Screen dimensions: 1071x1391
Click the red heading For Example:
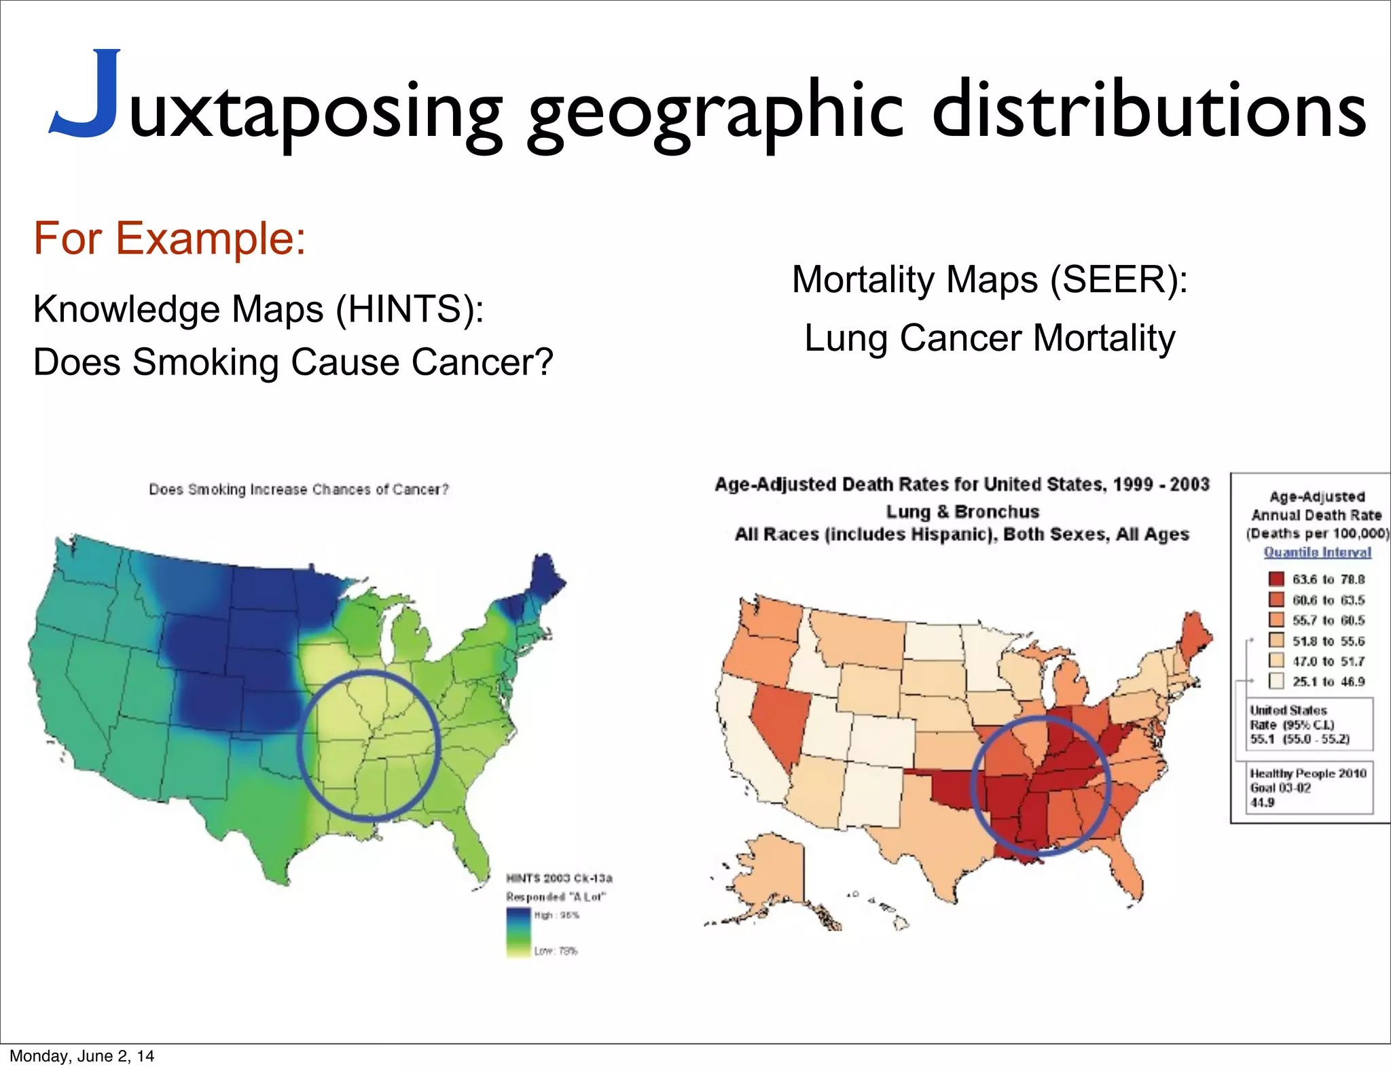pyautogui.click(x=170, y=239)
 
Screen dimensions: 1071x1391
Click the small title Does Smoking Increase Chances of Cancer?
pyautogui.click(x=299, y=489)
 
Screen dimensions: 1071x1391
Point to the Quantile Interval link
pyautogui.click(x=1317, y=552)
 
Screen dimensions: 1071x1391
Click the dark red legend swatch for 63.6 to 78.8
pyautogui.click(x=1276, y=579)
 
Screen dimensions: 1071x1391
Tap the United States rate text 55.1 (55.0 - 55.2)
pyautogui.click(x=1299, y=739)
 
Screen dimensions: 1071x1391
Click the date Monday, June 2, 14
pyautogui.click(x=82, y=1055)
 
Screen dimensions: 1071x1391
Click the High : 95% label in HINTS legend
pyautogui.click(x=556, y=915)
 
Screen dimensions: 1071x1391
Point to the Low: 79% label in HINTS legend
pyautogui.click(x=555, y=950)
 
